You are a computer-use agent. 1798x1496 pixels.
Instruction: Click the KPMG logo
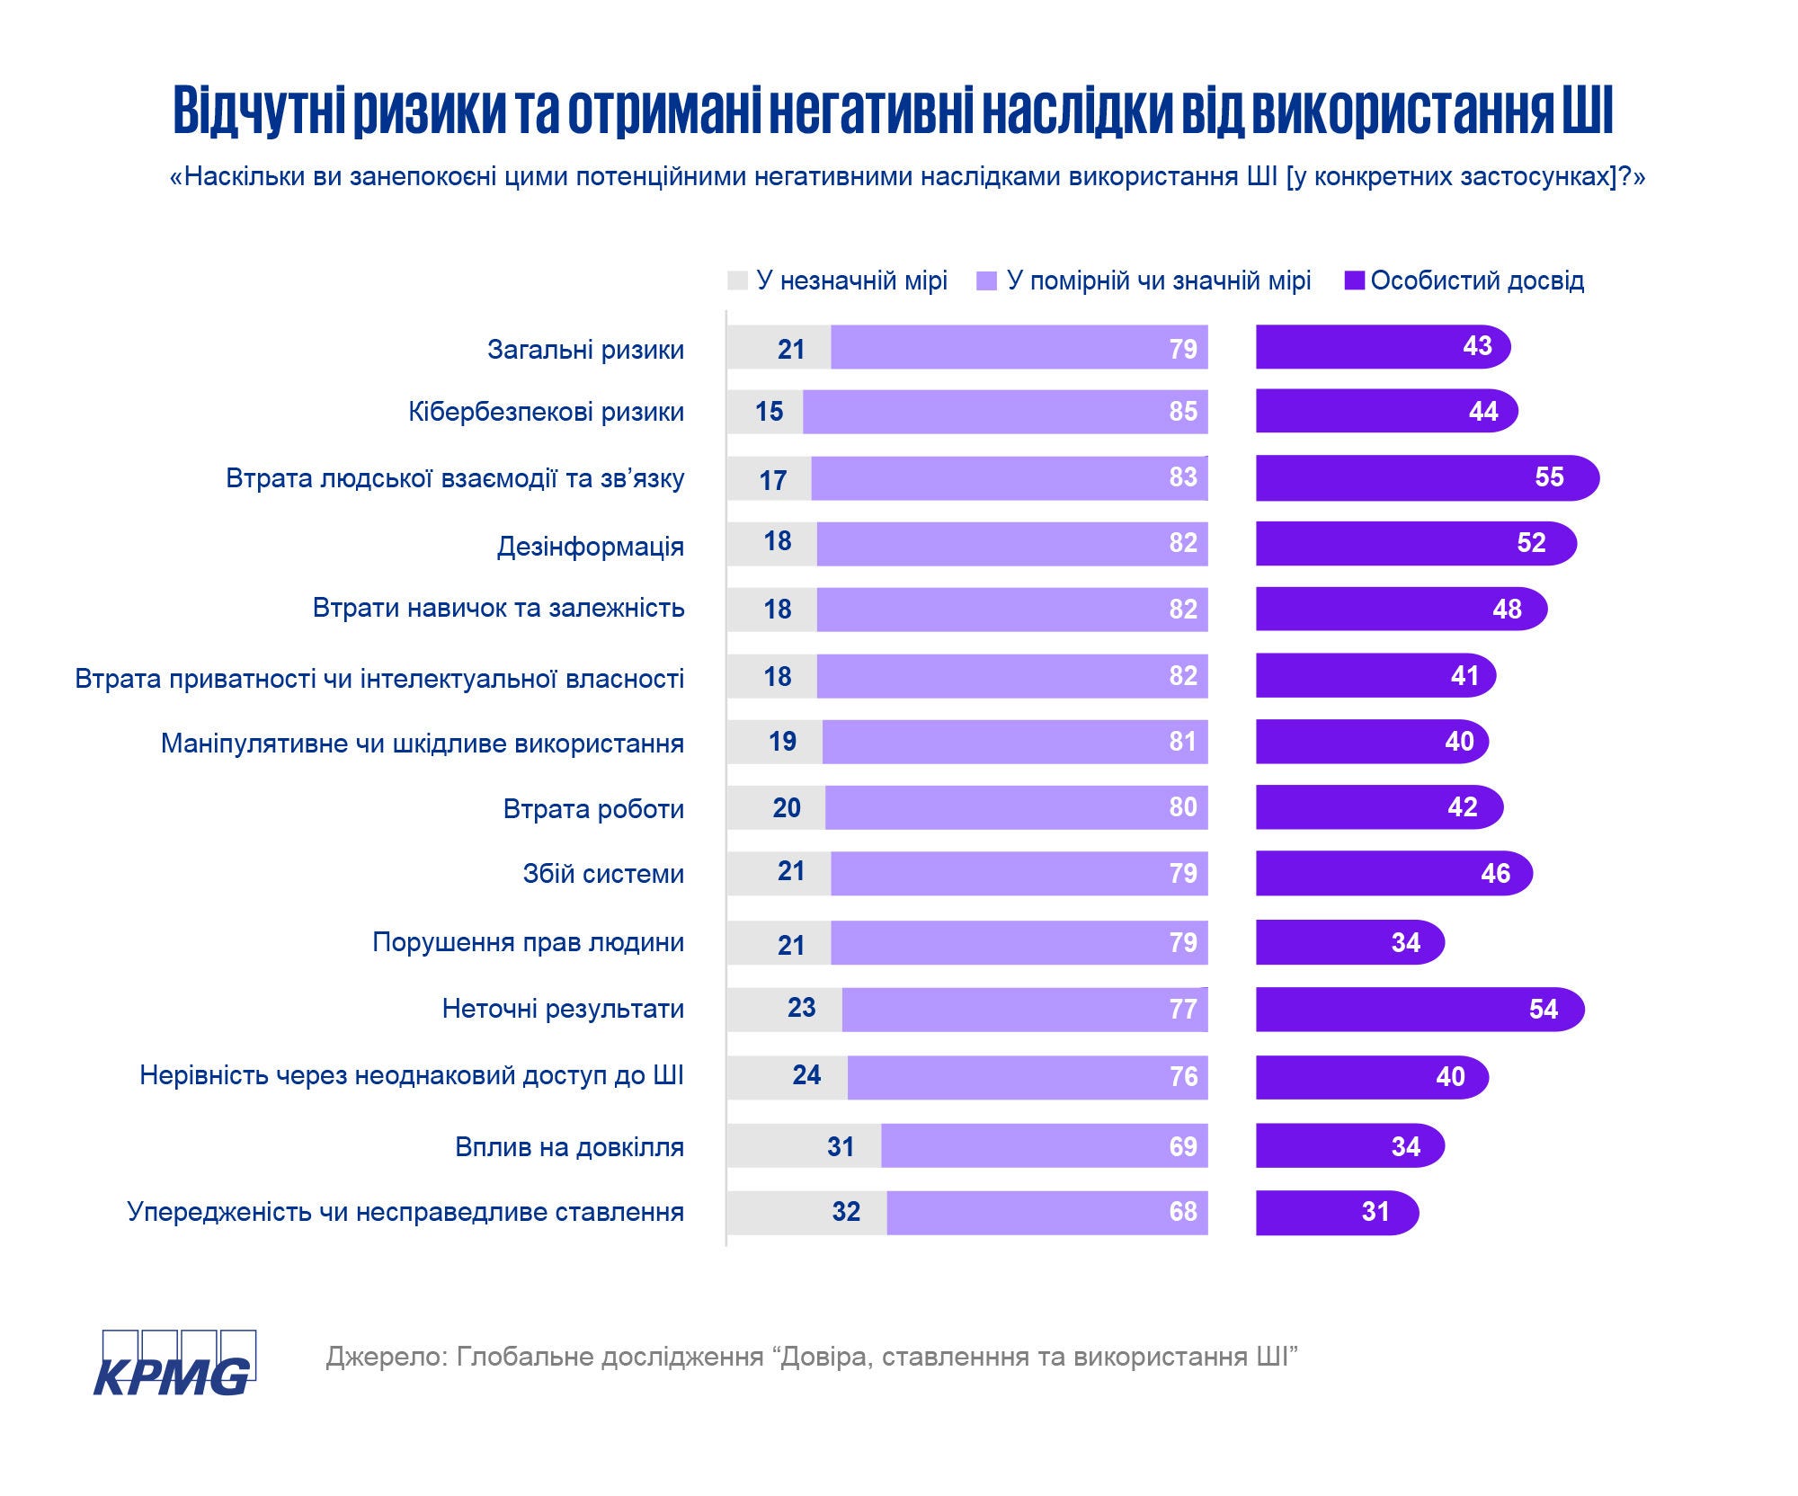pos(174,1363)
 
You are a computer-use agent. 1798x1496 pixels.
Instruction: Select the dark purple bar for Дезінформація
pos(1415,543)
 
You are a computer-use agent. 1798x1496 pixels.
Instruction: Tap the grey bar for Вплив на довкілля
pos(803,1145)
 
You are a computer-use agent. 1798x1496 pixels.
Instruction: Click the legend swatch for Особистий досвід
pos(1354,280)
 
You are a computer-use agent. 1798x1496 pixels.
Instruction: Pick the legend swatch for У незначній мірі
pos(737,280)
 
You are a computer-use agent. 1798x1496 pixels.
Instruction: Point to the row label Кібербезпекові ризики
pos(546,412)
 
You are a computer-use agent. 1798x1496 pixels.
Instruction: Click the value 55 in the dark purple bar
pos(1549,476)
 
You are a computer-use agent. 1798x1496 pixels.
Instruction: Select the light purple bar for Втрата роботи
pos(1016,807)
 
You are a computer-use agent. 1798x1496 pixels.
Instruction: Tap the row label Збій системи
pos(603,874)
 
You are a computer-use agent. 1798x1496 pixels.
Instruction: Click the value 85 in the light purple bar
pos(1183,412)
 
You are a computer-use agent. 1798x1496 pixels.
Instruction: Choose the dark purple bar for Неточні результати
pos(1419,1009)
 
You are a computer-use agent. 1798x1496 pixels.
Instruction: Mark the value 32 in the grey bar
pos(846,1212)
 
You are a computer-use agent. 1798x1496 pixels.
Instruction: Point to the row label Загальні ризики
pos(585,349)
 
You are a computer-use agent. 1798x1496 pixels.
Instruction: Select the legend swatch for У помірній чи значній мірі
pos(986,280)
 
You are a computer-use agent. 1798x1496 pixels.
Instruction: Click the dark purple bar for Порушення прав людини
pos(1348,942)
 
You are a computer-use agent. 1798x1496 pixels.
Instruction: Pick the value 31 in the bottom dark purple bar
pos(1375,1212)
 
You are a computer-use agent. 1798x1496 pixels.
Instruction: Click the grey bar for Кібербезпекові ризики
pos(764,412)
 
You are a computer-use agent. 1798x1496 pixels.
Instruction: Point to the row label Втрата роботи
pos(593,809)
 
